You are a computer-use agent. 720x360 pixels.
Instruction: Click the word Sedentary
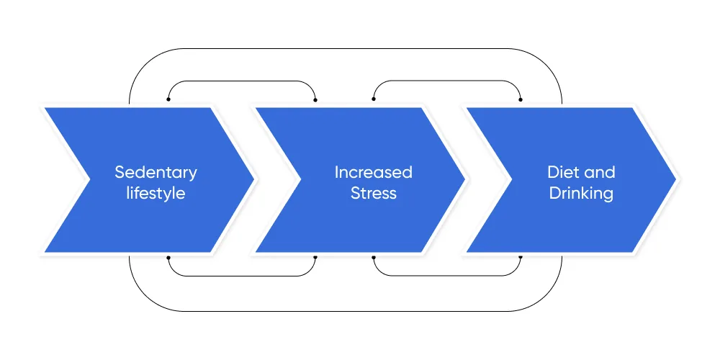[x=156, y=173]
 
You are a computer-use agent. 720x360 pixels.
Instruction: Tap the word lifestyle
[x=156, y=193]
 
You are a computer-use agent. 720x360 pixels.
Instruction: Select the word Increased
[x=373, y=173]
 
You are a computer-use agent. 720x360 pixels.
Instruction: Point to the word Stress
[x=373, y=193]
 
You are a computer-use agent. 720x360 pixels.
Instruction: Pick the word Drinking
[x=581, y=193]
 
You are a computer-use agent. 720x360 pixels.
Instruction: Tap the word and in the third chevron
[x=599, y=173]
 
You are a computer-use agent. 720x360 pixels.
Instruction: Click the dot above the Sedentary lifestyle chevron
[x=168, y=99]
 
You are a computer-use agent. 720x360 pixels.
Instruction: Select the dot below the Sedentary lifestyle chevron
[x=168, y=258]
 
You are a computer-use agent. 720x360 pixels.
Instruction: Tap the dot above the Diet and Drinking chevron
[x=521, y=99]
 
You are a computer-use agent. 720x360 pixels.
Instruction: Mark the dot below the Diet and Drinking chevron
[x=521, y=258]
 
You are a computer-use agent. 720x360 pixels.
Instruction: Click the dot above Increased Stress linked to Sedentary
[x=315, y=99]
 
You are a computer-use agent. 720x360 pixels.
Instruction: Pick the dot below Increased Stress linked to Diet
[x=373, y=258]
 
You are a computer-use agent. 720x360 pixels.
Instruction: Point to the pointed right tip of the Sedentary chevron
[x=254, y=179]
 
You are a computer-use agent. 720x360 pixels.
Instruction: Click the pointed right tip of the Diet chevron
[x=676, y=179]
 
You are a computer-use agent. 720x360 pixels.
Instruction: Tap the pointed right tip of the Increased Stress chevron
[x=464, y=179]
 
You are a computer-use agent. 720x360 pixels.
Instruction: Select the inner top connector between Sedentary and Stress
[x=241, y=81]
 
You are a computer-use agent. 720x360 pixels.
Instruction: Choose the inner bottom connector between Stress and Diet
[x=447, y=276]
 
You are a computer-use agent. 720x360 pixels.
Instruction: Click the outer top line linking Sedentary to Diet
[x=346, y=49]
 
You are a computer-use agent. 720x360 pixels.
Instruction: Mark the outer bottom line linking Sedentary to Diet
[x=346, y=311]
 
